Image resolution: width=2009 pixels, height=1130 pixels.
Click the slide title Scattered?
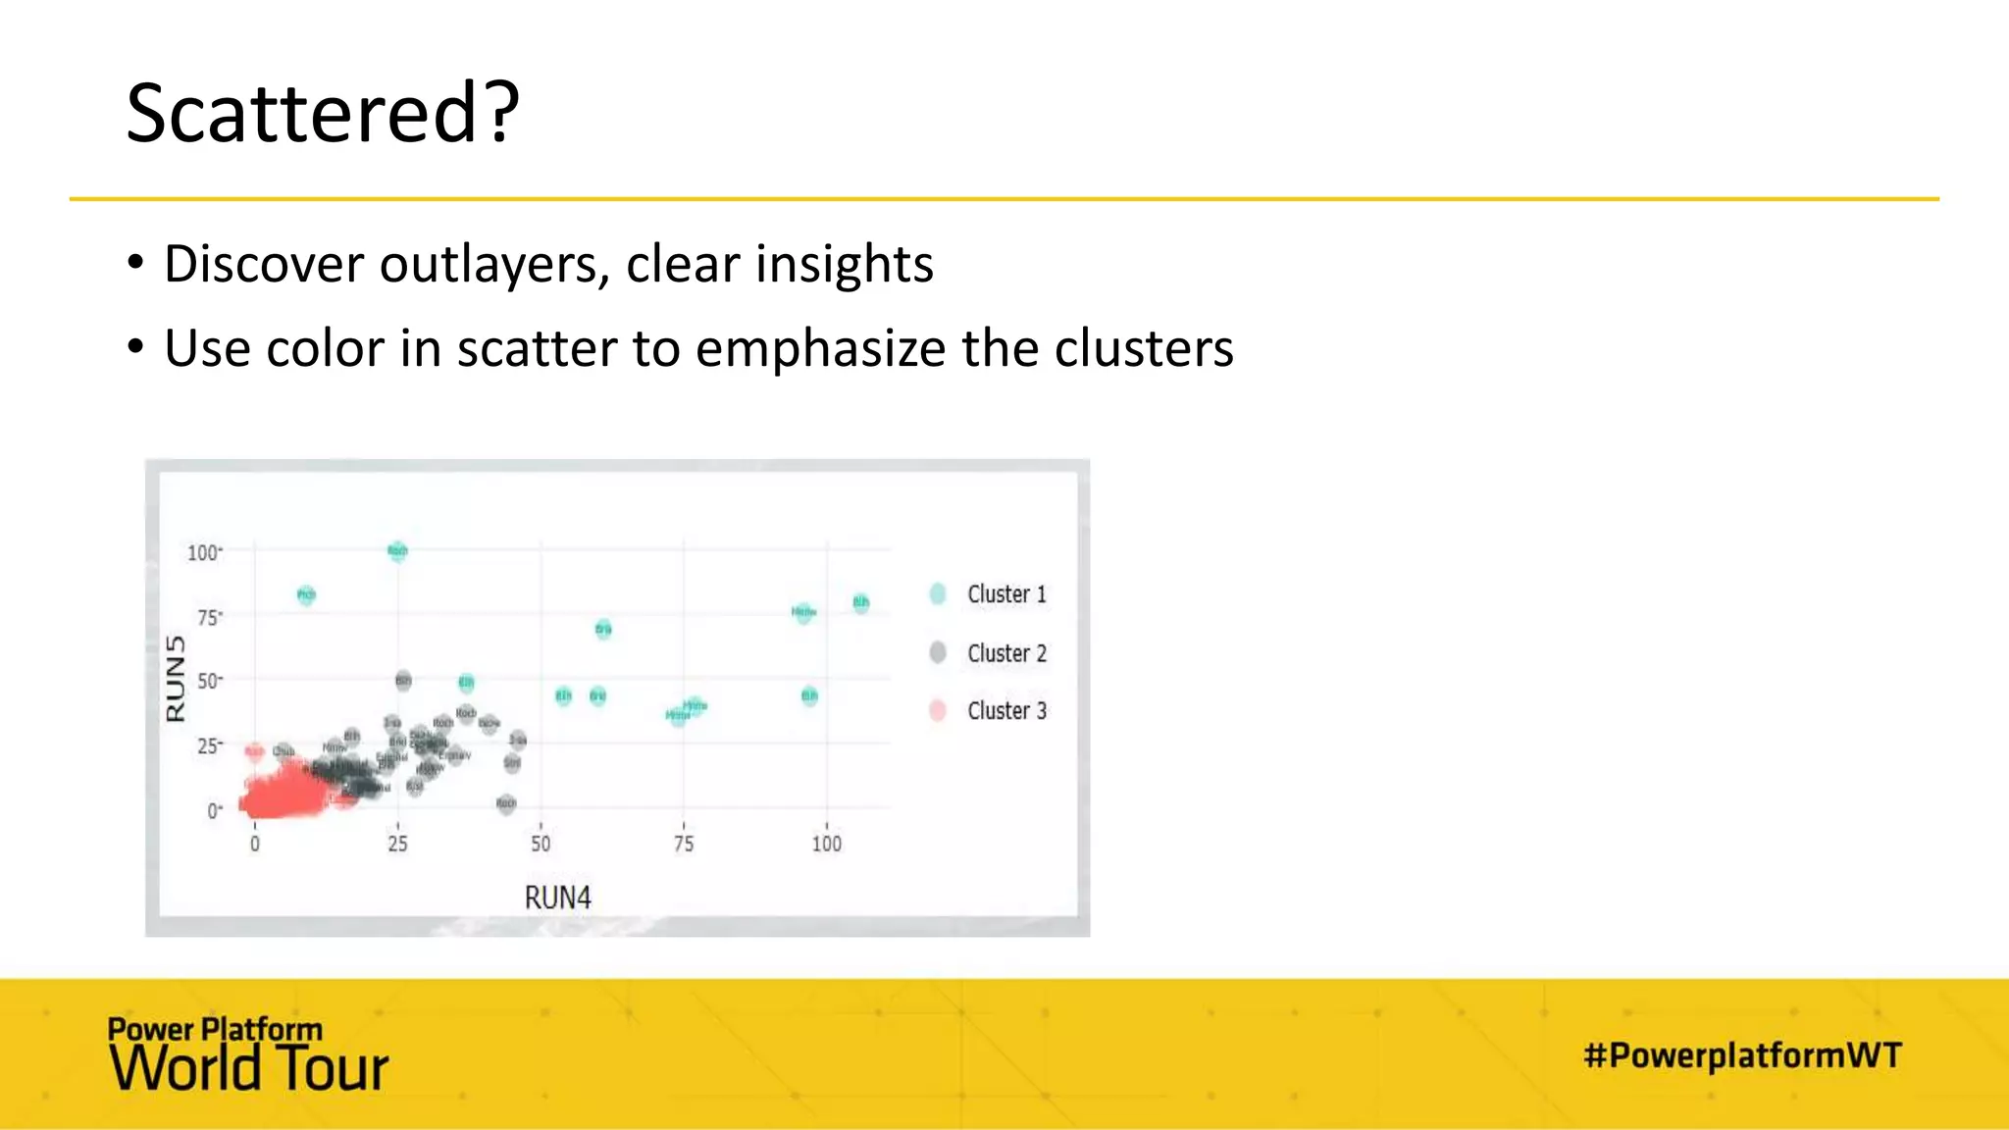pos(323,113)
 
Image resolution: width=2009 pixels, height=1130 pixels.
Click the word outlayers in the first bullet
pos(490,265)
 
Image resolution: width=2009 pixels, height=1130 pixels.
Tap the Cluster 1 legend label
pos(1006,594)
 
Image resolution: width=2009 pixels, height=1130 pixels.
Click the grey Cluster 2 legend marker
pos(938,652)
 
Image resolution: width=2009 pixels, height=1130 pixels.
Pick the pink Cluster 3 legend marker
pos(938,710)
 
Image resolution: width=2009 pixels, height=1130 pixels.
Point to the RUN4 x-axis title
pos(557,898)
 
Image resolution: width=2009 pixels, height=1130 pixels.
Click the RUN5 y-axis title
pos(176,678)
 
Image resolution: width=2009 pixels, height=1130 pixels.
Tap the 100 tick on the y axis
pos(203,552)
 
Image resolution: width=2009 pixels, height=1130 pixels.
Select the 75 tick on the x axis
pos(684,844)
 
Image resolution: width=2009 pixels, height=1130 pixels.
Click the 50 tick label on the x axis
pos(541,844)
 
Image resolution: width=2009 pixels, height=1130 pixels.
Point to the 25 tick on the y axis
pos(208,746)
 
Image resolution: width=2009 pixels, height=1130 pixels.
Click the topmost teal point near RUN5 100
pos(397,550)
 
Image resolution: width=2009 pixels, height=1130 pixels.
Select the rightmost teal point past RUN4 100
pos(860,602)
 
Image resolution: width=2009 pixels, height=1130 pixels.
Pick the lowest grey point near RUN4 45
pos(506,804)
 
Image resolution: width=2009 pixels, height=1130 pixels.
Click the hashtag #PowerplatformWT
pos(1742,1055)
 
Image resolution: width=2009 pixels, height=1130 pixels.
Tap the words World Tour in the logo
pos(249,1069)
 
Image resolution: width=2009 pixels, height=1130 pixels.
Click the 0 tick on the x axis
pos(255,844)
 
